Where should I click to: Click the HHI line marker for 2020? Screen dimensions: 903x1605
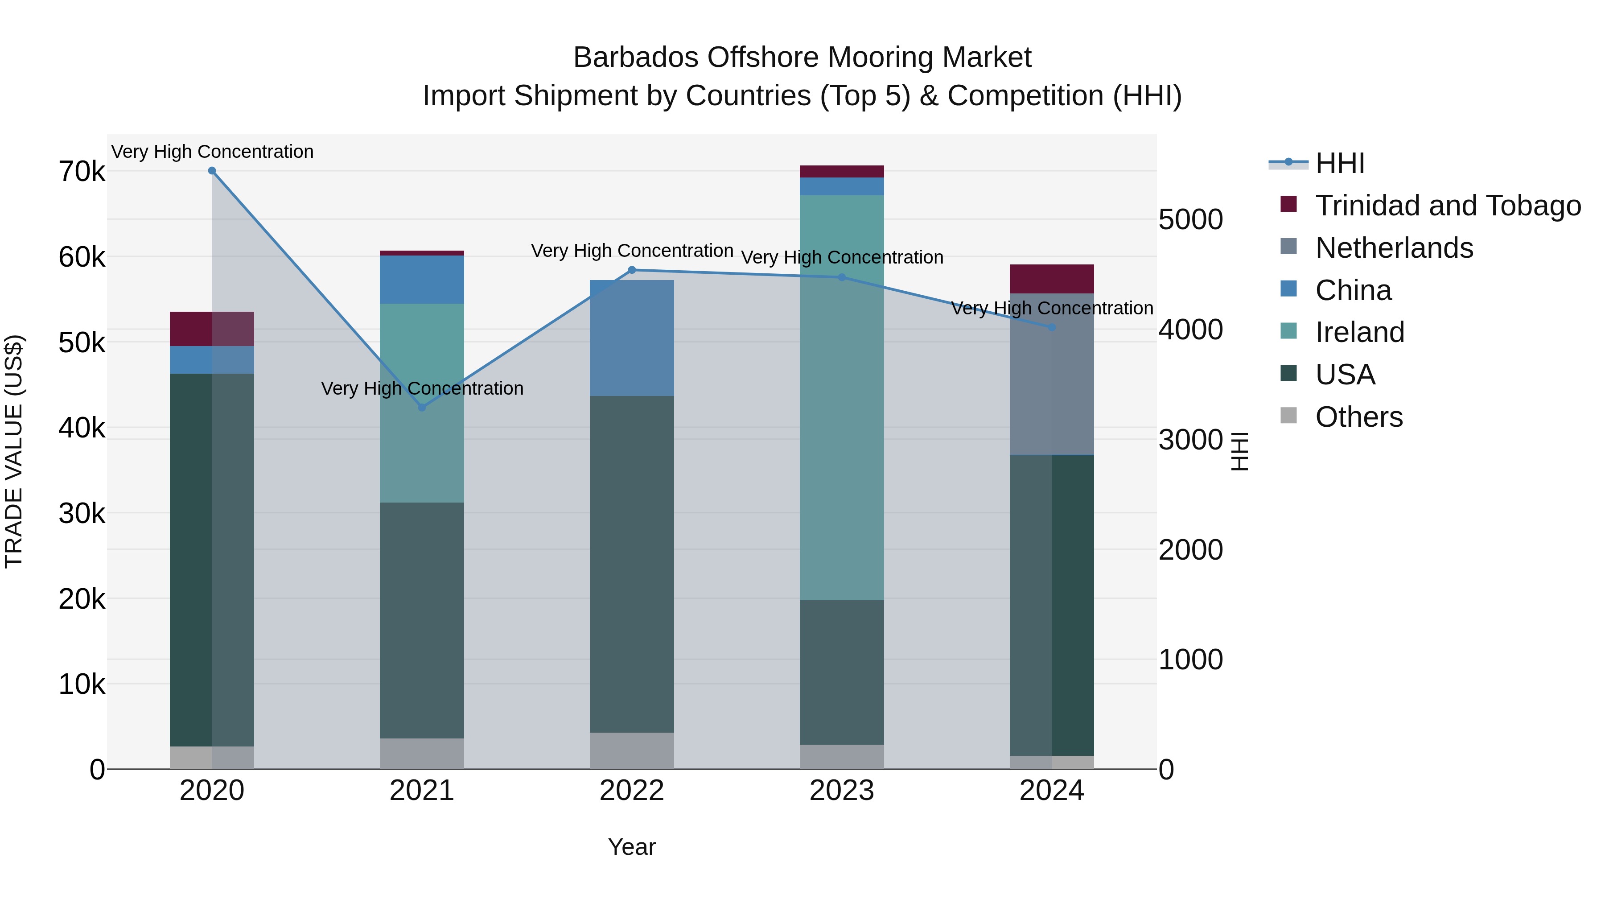212,171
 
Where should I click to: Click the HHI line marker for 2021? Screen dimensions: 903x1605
422,408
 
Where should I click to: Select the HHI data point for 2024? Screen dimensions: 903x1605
1052,327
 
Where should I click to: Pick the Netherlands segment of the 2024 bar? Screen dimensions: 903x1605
1052,374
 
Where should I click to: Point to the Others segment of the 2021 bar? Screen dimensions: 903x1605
422,754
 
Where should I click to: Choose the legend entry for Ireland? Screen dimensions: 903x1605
1359,332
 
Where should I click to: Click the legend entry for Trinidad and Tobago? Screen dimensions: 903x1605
1447,206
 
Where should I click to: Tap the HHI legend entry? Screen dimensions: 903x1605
1340,163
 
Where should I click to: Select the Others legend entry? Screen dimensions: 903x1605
1358,417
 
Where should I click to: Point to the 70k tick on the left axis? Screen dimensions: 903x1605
82,171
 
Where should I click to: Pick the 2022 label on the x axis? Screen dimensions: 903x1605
632,791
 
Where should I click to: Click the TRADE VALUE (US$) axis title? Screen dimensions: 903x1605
14,451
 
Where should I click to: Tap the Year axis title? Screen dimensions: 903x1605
632,847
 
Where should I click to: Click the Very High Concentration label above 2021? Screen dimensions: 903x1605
422,388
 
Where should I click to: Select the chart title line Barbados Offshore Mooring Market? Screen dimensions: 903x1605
802,58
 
